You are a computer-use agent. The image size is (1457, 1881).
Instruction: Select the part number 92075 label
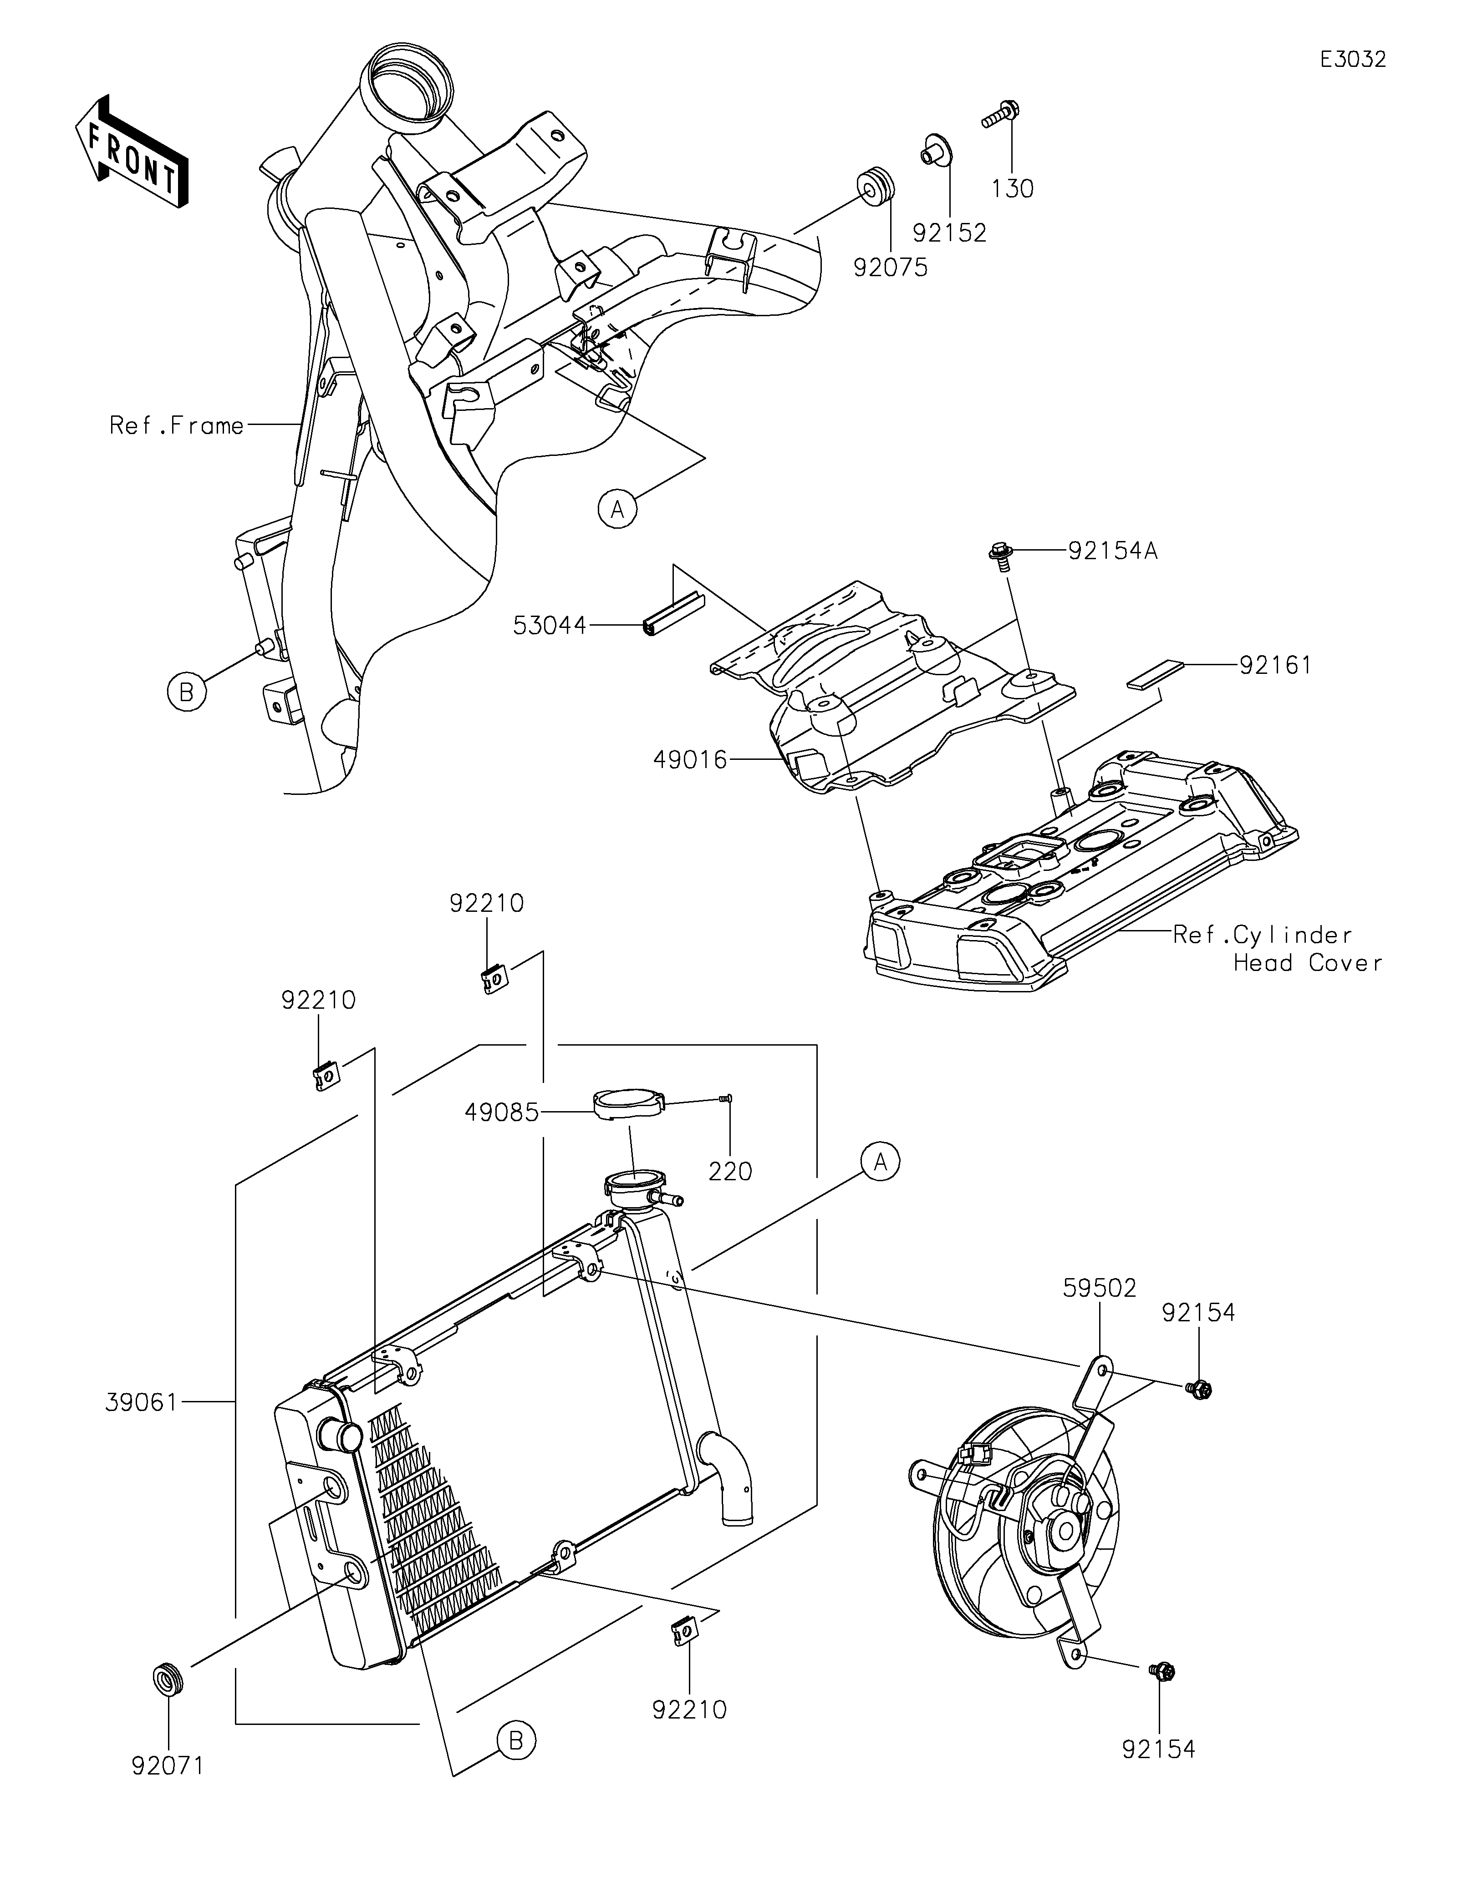891,268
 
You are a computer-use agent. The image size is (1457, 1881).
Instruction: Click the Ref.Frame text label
177,425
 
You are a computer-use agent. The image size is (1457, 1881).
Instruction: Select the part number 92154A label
1112,551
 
